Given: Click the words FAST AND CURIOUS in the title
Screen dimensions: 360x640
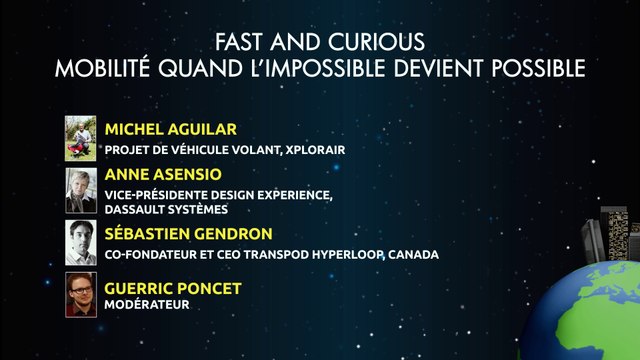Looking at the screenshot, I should (x=320, y=42).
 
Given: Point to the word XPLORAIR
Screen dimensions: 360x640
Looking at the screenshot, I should (x=316, y=150).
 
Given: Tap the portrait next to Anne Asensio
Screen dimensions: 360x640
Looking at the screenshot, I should (x=80, y=188).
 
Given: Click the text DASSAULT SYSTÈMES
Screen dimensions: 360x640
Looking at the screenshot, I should (x=166, y=209).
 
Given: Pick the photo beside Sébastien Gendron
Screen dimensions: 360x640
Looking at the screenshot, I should (x=80, y=241).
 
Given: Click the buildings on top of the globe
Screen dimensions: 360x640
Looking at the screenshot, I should (x=611, y=235).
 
